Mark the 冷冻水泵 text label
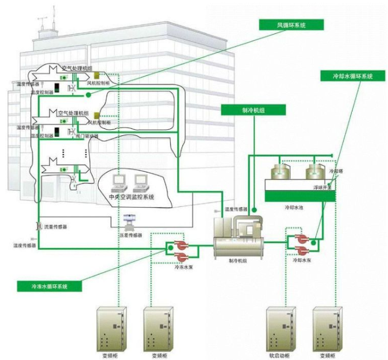(183, 266)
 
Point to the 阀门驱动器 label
(87, 136)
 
